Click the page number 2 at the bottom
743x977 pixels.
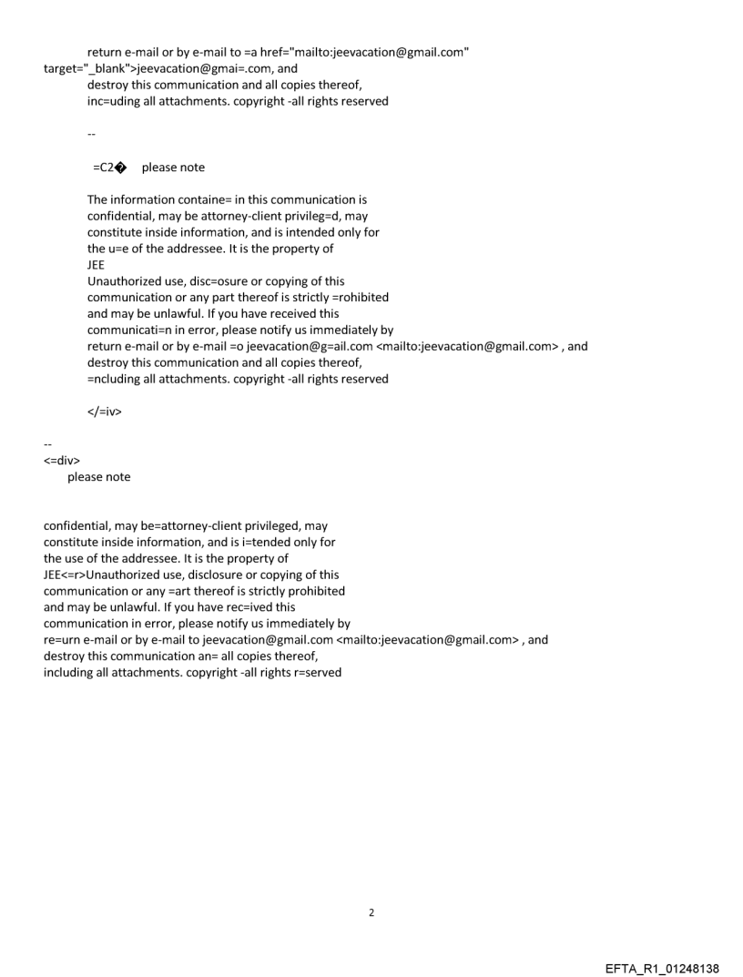pos(371,912)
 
